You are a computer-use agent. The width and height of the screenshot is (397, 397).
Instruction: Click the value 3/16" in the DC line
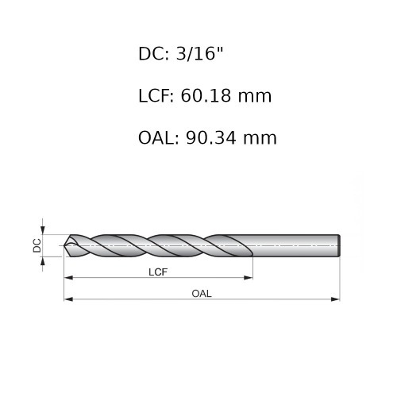pyautogui.click(x=199, y=54)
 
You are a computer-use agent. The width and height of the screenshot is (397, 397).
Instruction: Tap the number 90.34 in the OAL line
pyautogui.click(x=211, y=138)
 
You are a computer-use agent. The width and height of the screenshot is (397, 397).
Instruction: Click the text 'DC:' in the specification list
pyautogui.click(x=153, y=54)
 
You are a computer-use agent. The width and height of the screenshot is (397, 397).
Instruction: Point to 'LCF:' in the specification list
pyautogui.click(x=156, y=96)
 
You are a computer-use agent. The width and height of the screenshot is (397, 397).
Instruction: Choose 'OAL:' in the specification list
pyautogui.click(x=159, y=138)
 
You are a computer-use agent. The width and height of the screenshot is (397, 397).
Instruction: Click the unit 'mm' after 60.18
pyautogui.click(x=255, y=97)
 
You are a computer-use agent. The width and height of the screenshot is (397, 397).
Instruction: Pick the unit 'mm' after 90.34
pyautogui.click(x=260, y=140)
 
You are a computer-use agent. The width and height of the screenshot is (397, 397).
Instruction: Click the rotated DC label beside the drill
pyautogui.click(x=37, y=245)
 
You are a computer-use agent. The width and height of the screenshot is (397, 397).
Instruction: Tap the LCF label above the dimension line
pyautogui.click(x=158, y=272)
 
